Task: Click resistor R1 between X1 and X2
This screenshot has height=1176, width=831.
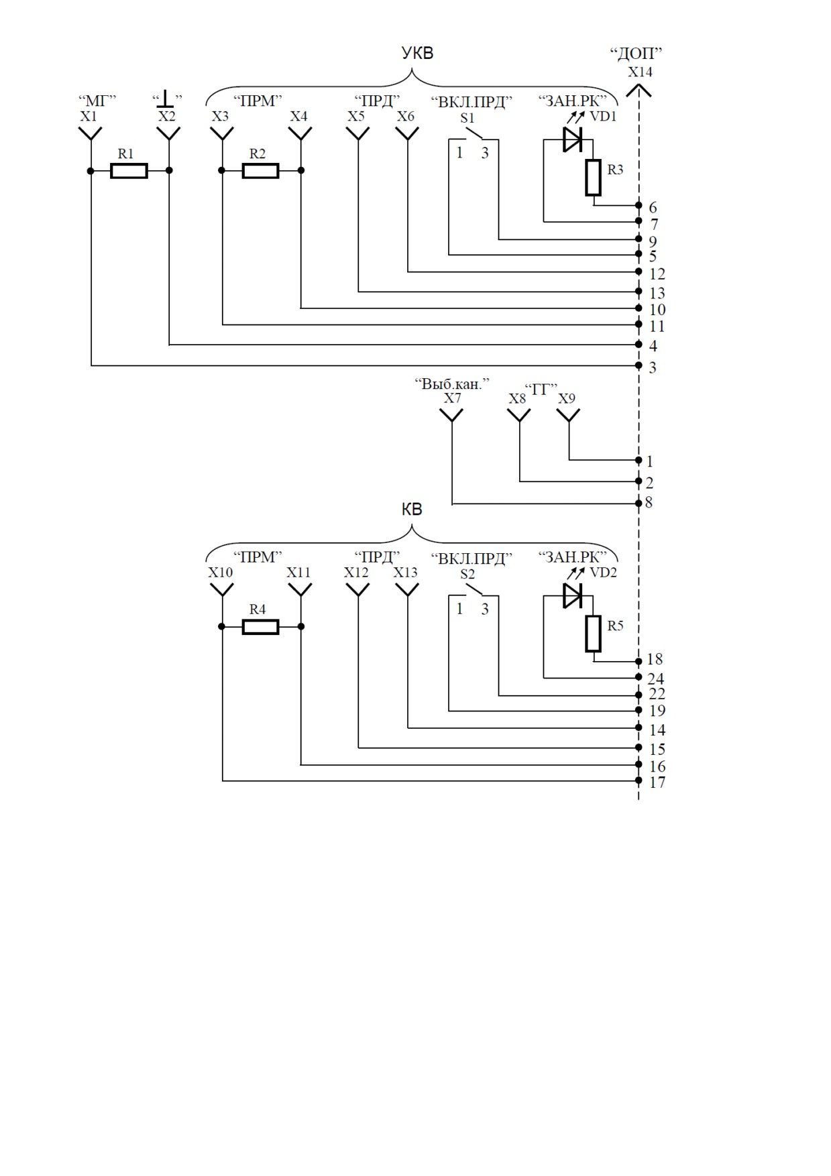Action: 129,171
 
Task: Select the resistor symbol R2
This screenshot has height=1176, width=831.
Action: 260,171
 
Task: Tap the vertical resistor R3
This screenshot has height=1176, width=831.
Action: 593,178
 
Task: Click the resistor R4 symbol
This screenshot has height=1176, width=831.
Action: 260,627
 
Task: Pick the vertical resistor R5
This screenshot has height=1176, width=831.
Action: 593,634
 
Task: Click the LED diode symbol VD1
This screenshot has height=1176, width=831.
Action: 572,139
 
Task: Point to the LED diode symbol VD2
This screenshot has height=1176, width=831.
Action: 572,595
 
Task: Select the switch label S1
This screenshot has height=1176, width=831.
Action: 467,118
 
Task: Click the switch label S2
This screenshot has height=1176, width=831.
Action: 467,574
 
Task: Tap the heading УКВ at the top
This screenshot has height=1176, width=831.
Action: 417,54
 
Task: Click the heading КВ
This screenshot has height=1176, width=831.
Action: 412,510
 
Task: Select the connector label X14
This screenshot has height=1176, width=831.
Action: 640,72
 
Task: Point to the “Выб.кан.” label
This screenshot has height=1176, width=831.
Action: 452,384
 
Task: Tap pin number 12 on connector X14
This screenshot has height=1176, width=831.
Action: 657,274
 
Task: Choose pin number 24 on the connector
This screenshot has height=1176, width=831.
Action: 655,679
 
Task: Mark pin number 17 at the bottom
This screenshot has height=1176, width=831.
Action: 657,782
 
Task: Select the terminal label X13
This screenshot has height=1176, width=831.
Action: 405,573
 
